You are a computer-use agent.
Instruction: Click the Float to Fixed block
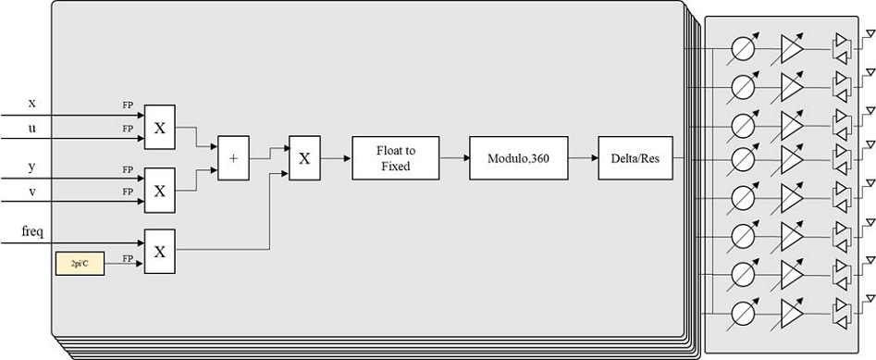(x=394, y=158)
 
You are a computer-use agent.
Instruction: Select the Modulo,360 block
(x=519, y=158)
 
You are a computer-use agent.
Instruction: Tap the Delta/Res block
(x=635, y=158)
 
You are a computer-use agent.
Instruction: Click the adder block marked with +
(x=233, y=158)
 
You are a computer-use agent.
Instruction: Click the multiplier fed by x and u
(x=159, y=128)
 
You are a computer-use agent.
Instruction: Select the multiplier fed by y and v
(x=159, y=190)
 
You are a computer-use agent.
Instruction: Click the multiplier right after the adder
(x=304, y=158)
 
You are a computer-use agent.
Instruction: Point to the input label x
(x=31, y=104)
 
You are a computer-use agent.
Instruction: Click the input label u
(x=31, y=127)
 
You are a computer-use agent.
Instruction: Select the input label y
(x=31, y=166)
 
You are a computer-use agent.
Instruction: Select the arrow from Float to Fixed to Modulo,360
(x=453, y=158)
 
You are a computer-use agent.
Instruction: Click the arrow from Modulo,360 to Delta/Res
(x=583, y=158)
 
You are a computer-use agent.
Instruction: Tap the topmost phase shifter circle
(x=741, y=47)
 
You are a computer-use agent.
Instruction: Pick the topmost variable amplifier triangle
(x=792, y=47)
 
